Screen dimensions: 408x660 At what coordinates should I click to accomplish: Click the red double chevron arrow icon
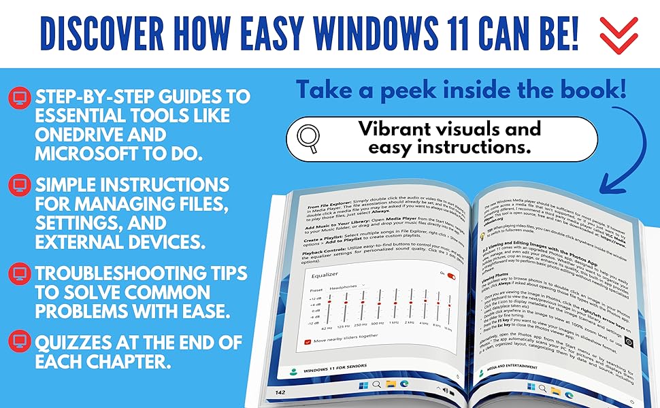pos(618,35)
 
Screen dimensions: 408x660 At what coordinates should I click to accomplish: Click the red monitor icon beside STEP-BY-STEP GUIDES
pos(18,97)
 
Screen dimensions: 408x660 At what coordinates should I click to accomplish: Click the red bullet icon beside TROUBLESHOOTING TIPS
pos(18,273)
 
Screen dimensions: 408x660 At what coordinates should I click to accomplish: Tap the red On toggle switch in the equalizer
pos(451,277)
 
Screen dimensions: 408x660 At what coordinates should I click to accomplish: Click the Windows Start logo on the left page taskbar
pos(361,384)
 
